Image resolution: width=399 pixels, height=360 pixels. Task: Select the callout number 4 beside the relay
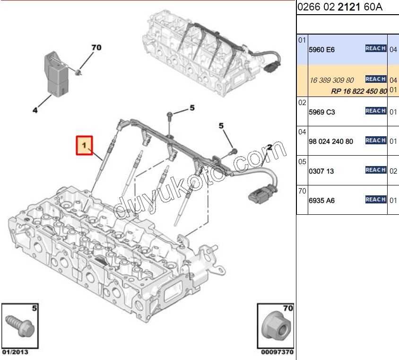pos(35,111)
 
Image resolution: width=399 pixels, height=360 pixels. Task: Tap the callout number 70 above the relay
pos(96,48)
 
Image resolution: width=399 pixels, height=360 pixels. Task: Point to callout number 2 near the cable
pos(269,147)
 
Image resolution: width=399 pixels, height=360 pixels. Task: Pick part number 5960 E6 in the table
pos(321,49)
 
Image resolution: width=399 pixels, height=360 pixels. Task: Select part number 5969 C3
pos(321,112)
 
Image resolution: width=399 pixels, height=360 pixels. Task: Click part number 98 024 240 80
pos(330,141)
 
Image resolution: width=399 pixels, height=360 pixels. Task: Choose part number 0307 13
pos(321,171)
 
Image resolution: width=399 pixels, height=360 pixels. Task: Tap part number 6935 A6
pos(321,201)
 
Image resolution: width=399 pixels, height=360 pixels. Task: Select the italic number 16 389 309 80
pos(332,80)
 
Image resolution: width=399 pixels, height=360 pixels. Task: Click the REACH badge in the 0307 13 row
pos(376,170)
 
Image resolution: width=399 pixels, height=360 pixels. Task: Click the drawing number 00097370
pos(277,352)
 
